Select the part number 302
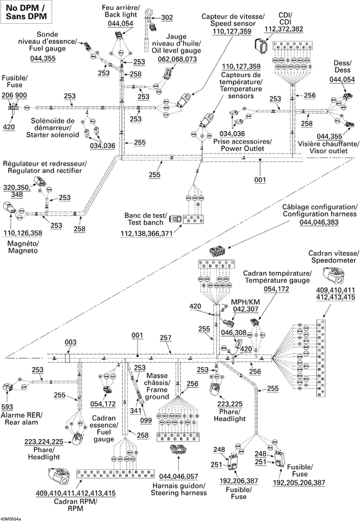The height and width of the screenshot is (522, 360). point(166,17)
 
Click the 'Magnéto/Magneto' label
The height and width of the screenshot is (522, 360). point(21,247)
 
